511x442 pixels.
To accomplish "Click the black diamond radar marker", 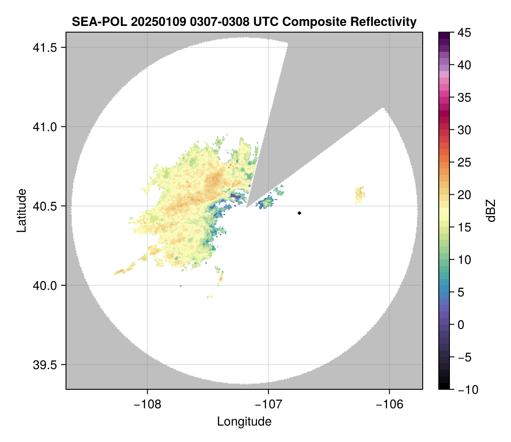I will tap(300, 213).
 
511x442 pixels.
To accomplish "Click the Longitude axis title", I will tap(244, 421).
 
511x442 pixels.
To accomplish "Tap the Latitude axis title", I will tap(21, 210).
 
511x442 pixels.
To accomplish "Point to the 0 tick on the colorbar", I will tap(462, 325).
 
